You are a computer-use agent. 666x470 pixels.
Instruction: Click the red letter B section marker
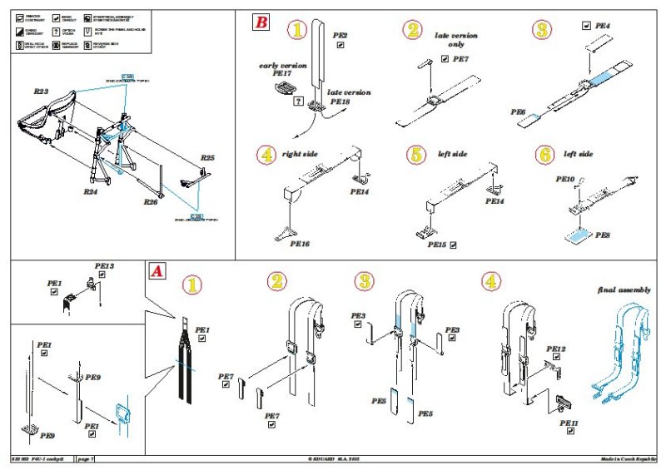pos(261,22)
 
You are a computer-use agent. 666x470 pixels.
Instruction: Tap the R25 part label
pos(208,156)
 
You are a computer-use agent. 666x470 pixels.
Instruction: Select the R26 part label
pos(150,202)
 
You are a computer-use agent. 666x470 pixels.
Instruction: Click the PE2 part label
pos(340,35)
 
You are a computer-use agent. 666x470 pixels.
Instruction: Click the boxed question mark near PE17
pos(298,100)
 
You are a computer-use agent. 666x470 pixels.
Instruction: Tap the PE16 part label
pos(300,244)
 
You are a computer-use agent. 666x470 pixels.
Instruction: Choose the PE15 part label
pos(437,245)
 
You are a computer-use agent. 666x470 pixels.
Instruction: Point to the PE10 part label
pos(564,179)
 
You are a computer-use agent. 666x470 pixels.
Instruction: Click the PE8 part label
pos(603,235)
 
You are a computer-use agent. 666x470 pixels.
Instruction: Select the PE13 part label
pos(104,266)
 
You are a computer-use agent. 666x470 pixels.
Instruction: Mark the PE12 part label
pos(555,349)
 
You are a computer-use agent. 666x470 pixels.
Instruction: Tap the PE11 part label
pos(569,423)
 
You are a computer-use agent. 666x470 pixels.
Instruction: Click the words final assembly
pos(624,289)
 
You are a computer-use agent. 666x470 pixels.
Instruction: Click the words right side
pos(301,154)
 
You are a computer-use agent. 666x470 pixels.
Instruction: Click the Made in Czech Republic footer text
pos(631,459)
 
